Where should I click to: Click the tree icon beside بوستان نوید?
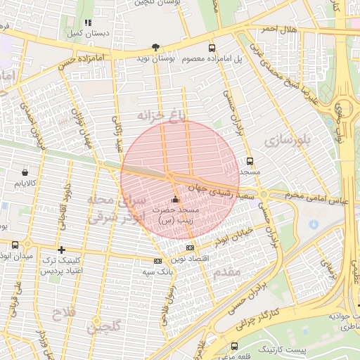(x=155, y=46)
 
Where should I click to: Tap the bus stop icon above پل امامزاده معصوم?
(x=212, y=48)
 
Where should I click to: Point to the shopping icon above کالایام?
(x=26, y=172)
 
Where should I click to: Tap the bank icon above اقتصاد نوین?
(x=190, y=247)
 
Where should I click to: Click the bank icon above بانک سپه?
(x=157, y=261)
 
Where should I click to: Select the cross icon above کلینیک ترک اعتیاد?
(x=62, y=250)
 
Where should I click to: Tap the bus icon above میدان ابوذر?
(x=15, y=245)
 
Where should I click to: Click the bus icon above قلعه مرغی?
(x=234, y=347)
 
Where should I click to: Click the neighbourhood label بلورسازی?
(x=288, y=141)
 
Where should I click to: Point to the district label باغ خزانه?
(x=163, y=116)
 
